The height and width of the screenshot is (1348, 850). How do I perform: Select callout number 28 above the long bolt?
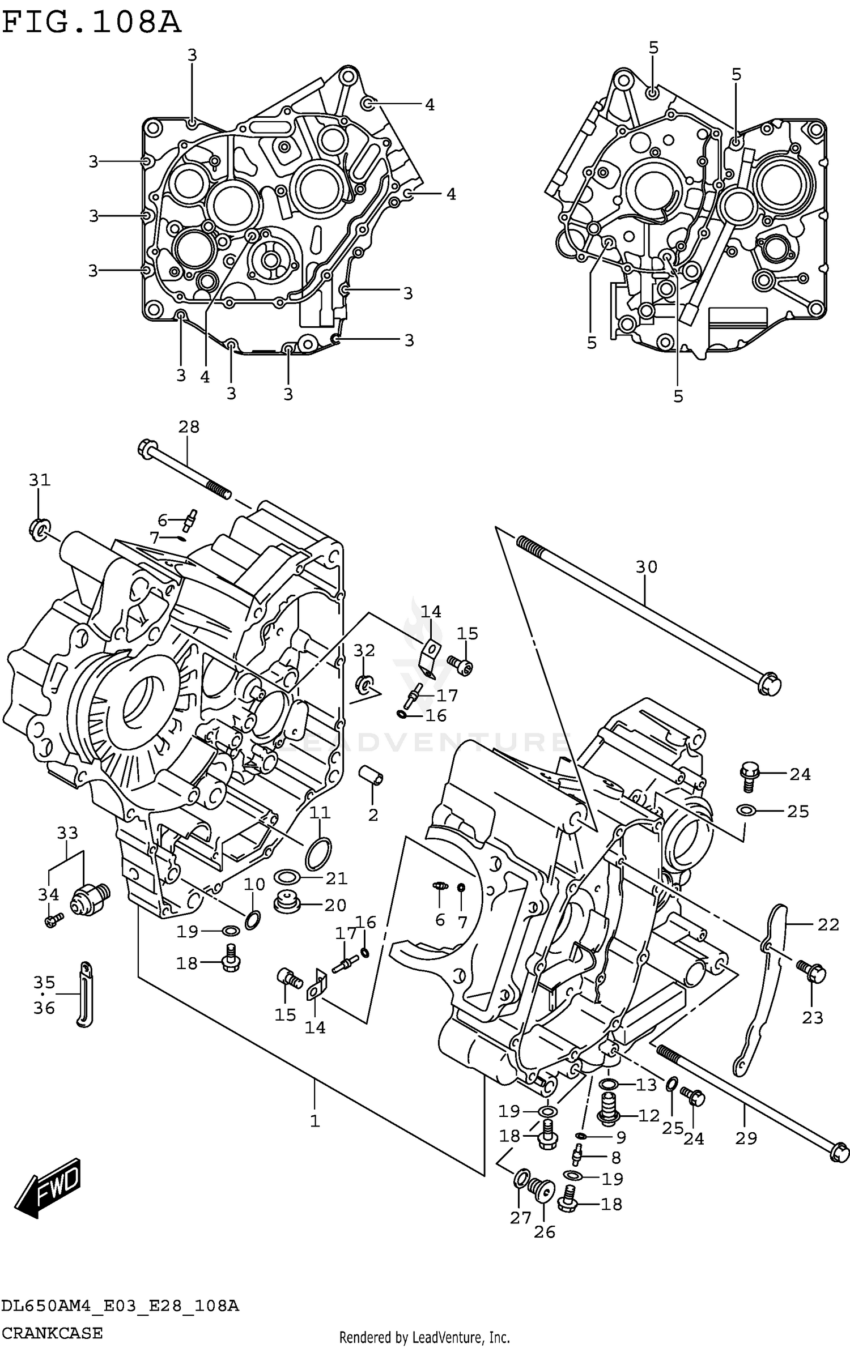click(189, 427)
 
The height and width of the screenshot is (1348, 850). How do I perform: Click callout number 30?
click(646, 566)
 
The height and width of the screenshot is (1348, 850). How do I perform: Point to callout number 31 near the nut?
click(40, 480)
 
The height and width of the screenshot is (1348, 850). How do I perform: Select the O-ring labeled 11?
click(318, 855)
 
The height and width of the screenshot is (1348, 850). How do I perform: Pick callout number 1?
click(315, 1121)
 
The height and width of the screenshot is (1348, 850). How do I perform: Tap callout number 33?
click(67, 833)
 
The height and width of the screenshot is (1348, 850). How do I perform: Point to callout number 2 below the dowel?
click(372, 815)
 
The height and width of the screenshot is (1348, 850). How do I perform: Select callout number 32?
click(364, 651)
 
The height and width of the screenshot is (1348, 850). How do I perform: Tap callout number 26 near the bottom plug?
click(545, 1232)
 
